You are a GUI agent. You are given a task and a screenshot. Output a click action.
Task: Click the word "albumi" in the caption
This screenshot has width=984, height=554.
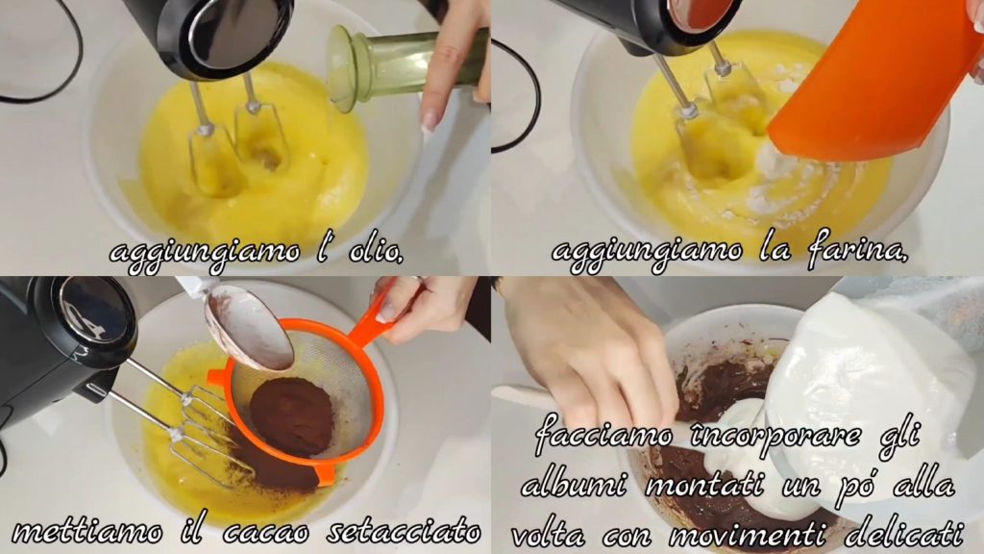point(575,485)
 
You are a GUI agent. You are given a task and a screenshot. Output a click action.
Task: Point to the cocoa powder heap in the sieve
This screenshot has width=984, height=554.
point(292,416)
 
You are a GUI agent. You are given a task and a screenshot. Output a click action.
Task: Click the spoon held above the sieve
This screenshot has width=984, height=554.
point(250,327)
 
